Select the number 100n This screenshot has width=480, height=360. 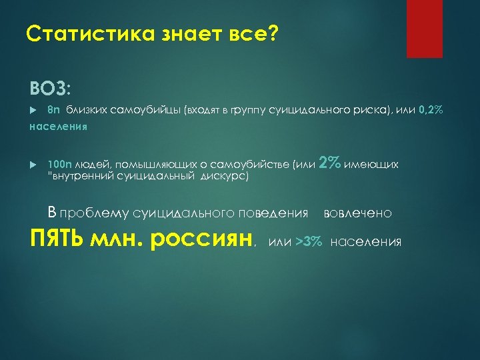(59, 164)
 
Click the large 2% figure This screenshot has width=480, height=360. (330, 162)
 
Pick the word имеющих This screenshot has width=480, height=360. (371, 164)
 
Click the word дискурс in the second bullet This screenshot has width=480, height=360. (224, 177)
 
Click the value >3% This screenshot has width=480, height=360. (309, 241)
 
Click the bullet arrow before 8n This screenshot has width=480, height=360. (34, 110)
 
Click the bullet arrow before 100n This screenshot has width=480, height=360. (34, 164)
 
